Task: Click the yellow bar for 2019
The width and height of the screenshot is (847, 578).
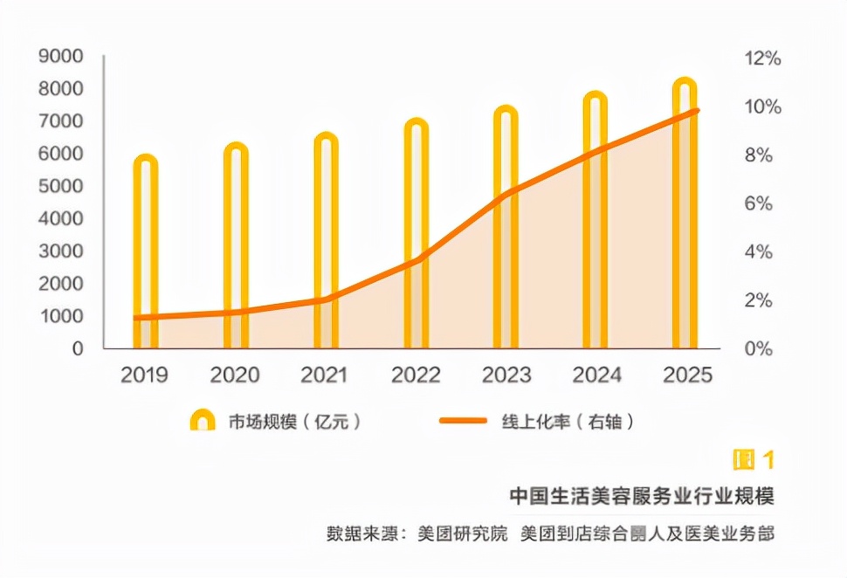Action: [x=146, y=253]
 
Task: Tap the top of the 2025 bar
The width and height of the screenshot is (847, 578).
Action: [x=685, y=85]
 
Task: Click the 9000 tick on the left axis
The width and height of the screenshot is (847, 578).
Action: [x=61, y=57]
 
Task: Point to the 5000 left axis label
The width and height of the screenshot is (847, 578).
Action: [x=61, y=186]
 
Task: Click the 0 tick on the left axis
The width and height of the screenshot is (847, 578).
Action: [x=78, y=347]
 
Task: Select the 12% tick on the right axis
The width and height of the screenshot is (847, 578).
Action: [x=761, y=58]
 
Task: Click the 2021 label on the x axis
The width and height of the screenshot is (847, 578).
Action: [x=324, y=375]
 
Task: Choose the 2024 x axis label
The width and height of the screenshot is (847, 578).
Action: [x=596, y=375]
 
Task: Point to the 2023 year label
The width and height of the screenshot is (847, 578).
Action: [x=506, y=375]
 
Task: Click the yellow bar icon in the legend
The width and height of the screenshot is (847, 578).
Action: [x=203, y=420]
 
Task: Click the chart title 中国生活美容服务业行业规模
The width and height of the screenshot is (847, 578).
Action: [x=642, y=495]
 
